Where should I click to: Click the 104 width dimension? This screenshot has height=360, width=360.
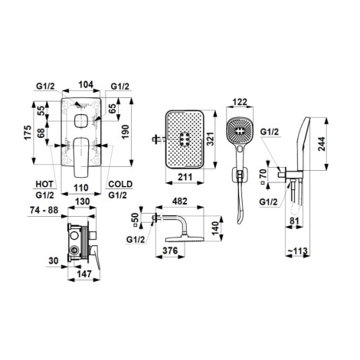[x=86, y=84]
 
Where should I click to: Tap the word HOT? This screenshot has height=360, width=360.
[x=44, y=184]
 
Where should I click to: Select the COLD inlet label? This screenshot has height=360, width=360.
[x=120, y=184]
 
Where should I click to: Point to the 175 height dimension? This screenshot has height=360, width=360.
[x=28, y=133]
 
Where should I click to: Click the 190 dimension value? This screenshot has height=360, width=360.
[x=126, y=132]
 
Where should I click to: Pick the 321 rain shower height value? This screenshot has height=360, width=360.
[x=211, y=139]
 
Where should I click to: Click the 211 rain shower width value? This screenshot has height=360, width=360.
[x=185, y=177]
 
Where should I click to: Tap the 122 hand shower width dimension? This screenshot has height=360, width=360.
[x=241, y=102]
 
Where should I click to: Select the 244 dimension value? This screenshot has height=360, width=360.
[x=322, y=144]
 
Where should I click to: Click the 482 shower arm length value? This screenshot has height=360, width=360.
[x=180, y=201]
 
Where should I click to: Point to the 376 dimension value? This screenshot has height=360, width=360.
[x=170, y=250]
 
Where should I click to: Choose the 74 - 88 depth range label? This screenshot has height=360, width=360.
[x=44, y=210]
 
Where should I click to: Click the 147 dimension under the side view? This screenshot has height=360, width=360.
[x=84, y=273]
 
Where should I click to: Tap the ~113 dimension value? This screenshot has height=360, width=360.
[x=298, y=251]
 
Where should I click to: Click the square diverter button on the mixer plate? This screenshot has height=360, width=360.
[x=80, y=121]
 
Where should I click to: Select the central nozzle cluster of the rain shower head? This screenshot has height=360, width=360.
[x=184, y=139]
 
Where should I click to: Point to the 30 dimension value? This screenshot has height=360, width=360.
[x=54, y=261]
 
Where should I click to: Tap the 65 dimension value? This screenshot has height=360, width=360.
[x=112, y=110]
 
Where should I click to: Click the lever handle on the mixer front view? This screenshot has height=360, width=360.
[x=80, y=157]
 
